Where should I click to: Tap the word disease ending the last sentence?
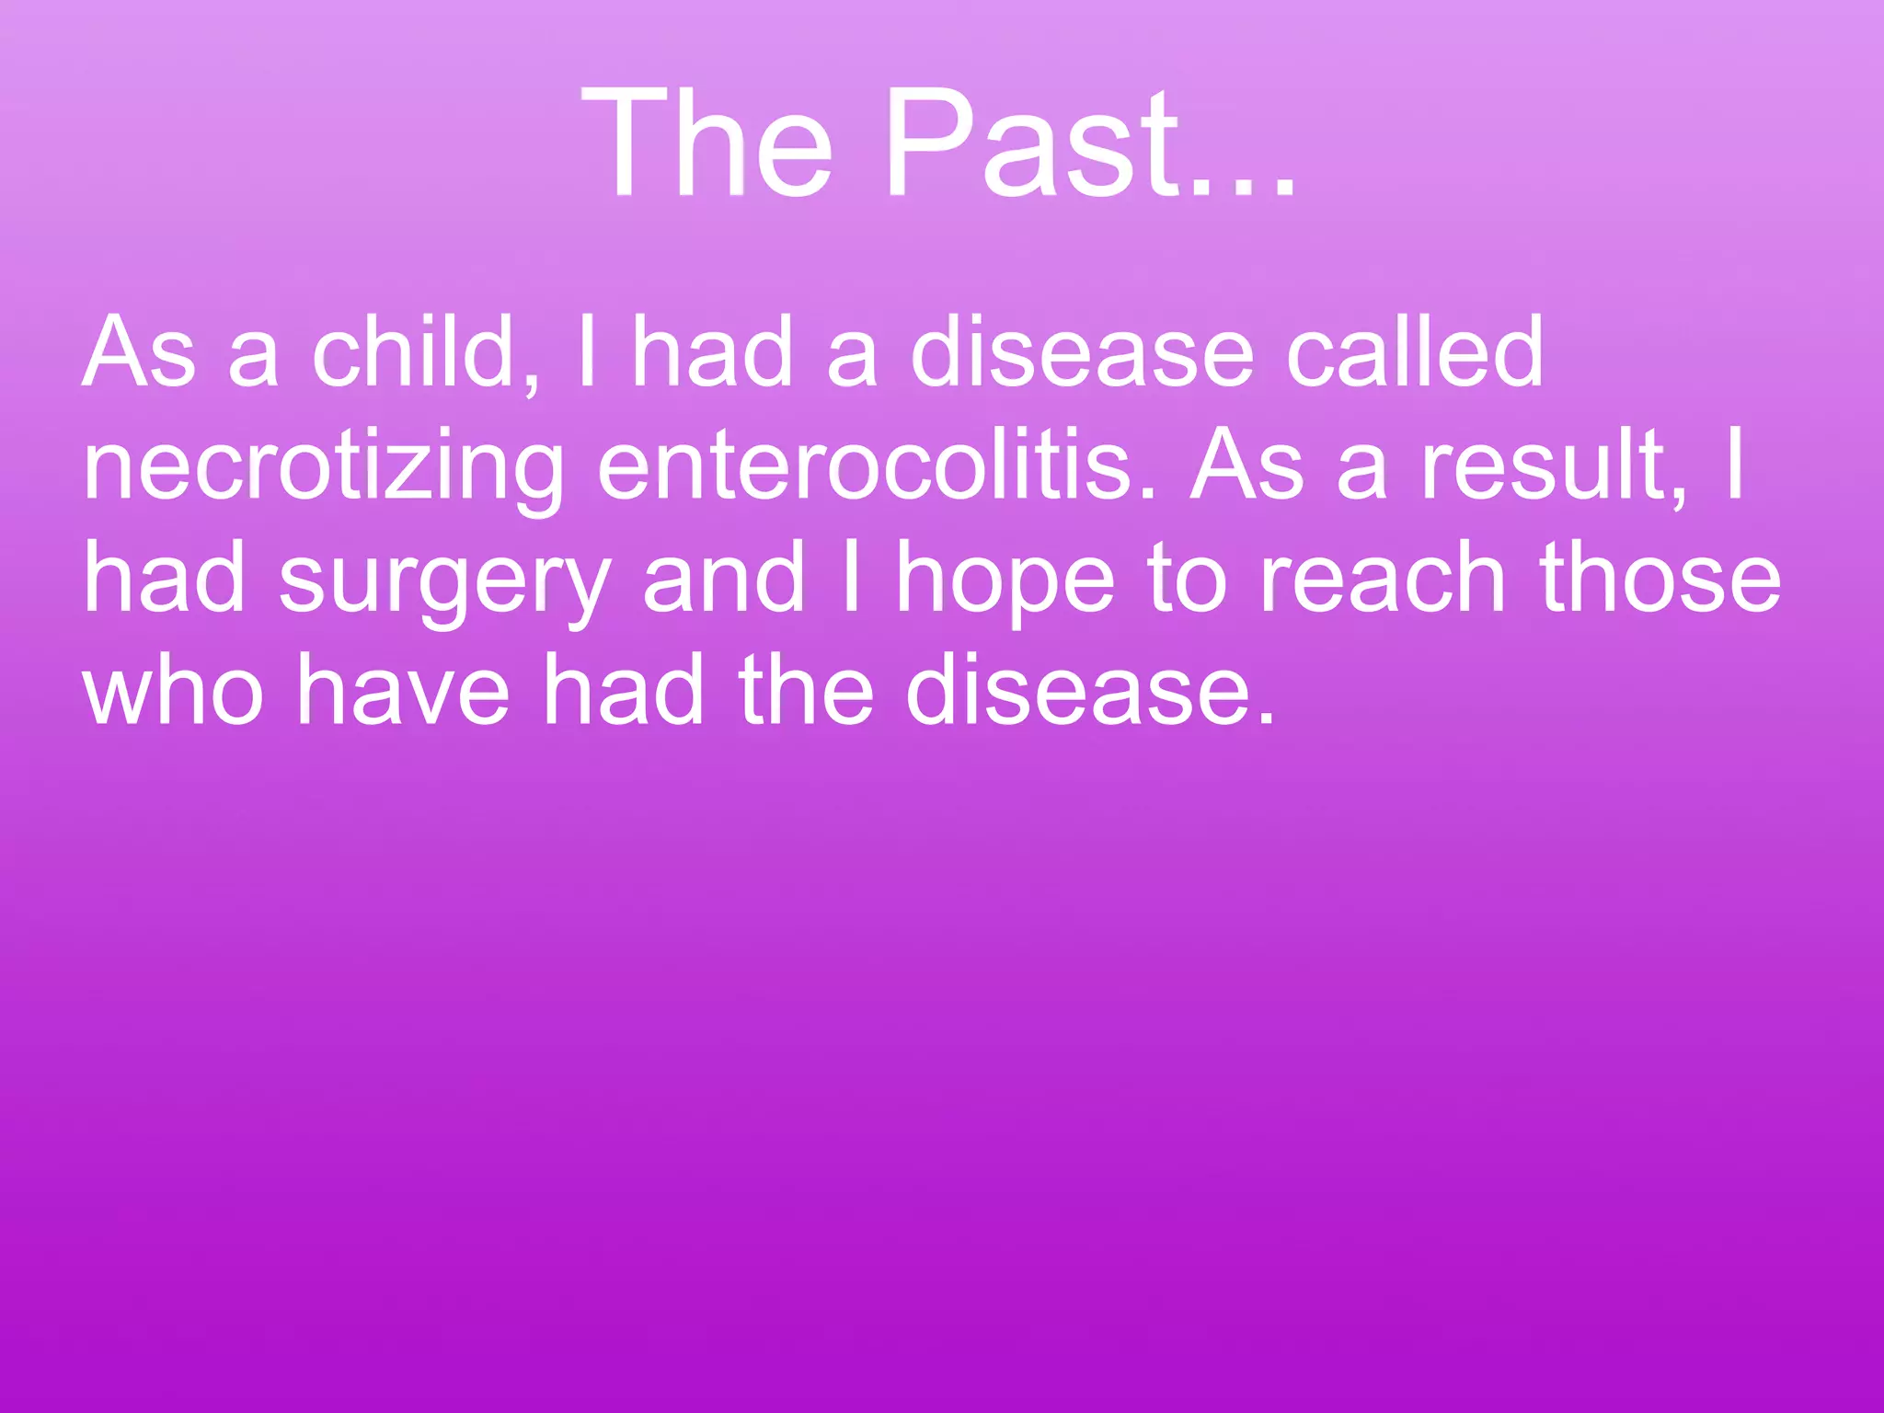1090,692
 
